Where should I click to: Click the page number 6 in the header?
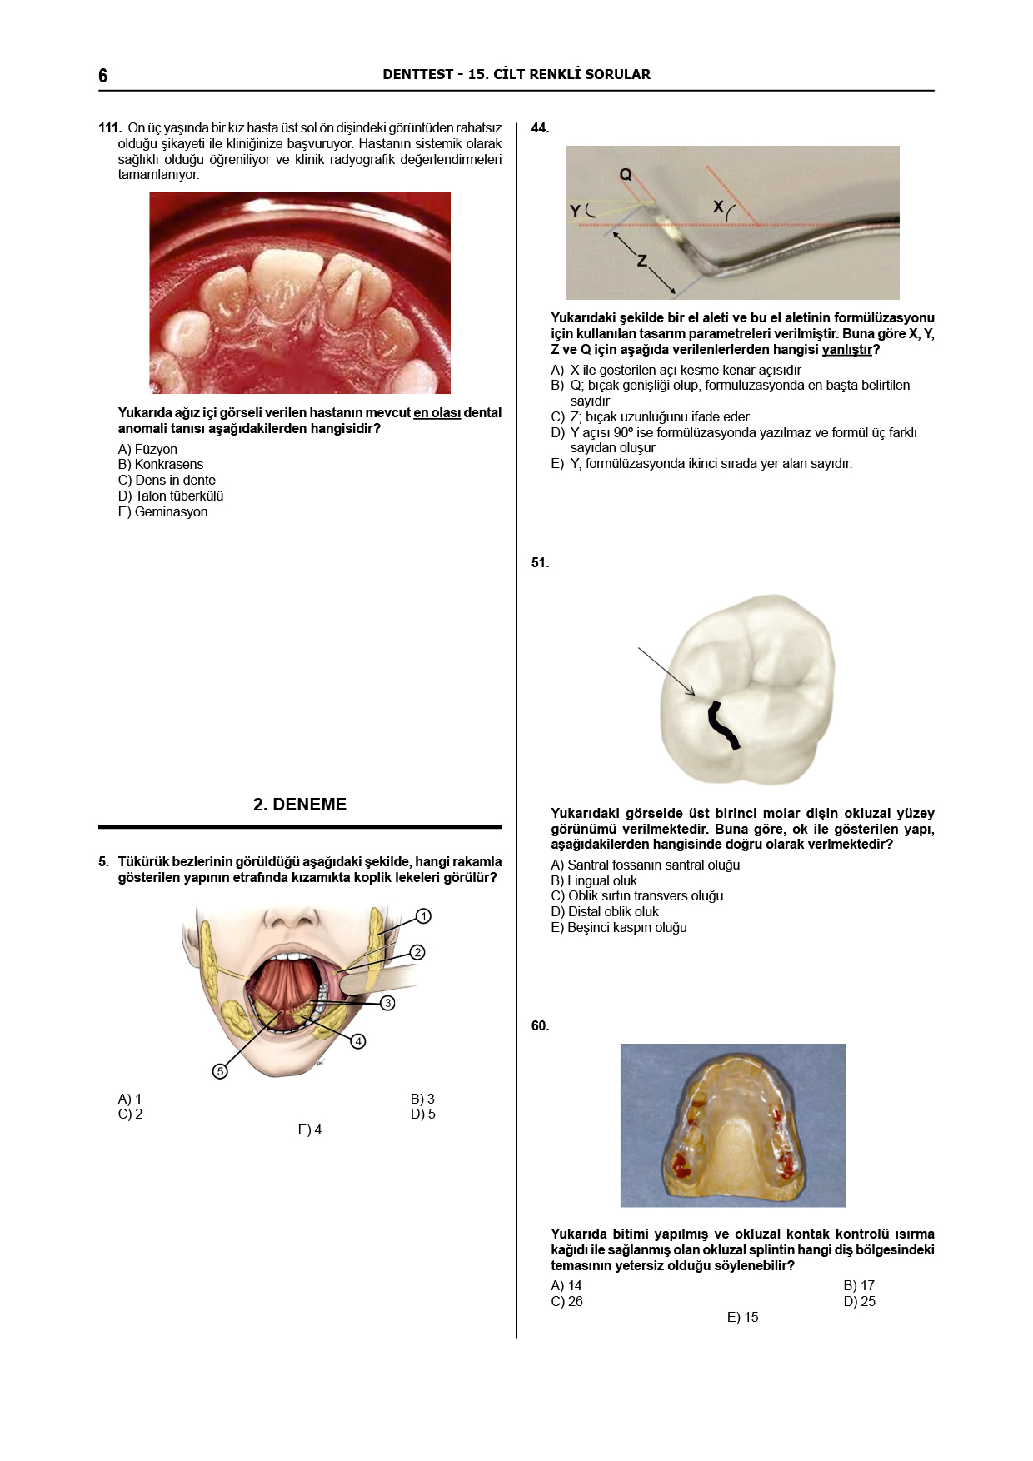102,76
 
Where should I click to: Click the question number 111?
110,128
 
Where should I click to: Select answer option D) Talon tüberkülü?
171,496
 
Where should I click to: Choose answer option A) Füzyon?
147,450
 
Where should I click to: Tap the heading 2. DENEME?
300,805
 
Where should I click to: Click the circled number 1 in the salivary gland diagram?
423,916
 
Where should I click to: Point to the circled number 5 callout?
220,1071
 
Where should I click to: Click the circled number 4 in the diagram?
358,1041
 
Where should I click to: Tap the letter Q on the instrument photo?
626,175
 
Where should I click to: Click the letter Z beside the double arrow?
642,261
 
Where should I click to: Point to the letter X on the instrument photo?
718,206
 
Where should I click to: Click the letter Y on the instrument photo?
575,212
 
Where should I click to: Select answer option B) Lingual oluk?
594,881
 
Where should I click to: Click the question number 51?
540,563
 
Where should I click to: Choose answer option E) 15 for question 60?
743,1318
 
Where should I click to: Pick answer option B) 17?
859,1286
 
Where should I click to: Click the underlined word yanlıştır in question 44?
846,350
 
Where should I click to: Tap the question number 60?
540,1026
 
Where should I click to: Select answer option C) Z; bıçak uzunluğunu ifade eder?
650,417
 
